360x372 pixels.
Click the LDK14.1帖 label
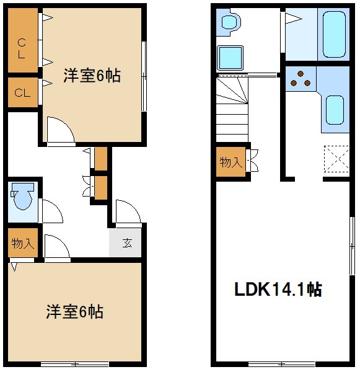coord(277,289)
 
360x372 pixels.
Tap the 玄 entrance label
coord(126,242)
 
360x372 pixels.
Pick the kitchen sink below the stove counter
coord(334,110)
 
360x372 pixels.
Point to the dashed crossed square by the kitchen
coord(336,157)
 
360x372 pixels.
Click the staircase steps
coord(232,109)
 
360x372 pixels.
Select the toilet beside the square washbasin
coord(230,22)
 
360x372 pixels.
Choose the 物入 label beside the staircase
coord(230,162)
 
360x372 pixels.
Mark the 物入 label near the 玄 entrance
coord(22,244)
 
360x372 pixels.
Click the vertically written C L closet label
coord(22,48)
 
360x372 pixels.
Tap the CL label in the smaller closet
coord(22,94)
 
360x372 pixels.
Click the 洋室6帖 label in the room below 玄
coord(74,311)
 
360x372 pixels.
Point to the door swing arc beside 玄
coord(126,213)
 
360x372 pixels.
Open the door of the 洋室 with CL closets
coord(61,131)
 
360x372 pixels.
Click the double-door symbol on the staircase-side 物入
coord(253,161)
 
